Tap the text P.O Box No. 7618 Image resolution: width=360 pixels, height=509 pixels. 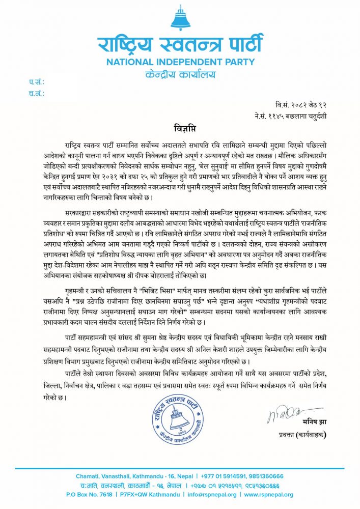click(89, 494)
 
